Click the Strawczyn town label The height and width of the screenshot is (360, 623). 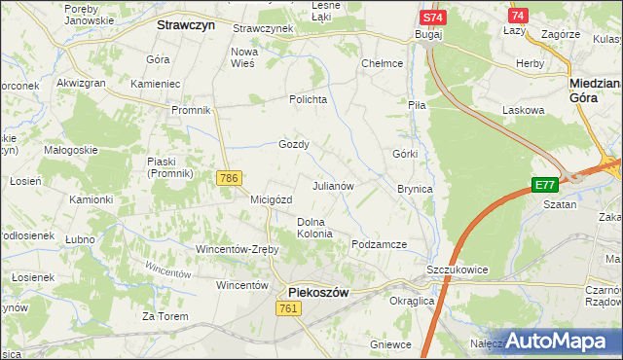[186, 27]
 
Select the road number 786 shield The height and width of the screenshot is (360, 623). [230, 178]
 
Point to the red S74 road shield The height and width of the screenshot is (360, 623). [434, 18]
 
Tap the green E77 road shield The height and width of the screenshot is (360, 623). [545, 185]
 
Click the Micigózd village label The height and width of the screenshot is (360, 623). [272, 199]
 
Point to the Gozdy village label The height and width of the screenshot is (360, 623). [294, 144]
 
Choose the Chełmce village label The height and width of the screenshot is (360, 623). [382, 63]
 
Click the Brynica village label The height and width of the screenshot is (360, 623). [415, 189]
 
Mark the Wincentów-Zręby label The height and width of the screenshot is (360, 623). [238, 249]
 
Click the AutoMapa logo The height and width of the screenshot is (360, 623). [561, 341]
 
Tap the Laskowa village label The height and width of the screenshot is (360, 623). [523, 110]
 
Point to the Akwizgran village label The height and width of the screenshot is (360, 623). [81, 84]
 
